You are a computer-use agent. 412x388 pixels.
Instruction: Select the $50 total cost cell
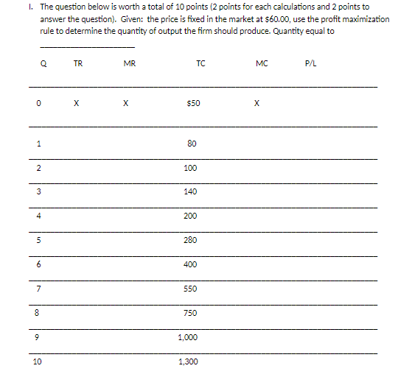[192, 104]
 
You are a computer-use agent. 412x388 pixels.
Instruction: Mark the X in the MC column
[256, 104]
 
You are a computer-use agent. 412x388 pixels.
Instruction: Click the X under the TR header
[75, 104]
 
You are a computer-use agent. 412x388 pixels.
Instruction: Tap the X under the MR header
[126, 104]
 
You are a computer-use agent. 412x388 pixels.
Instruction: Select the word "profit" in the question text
[326, 17]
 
